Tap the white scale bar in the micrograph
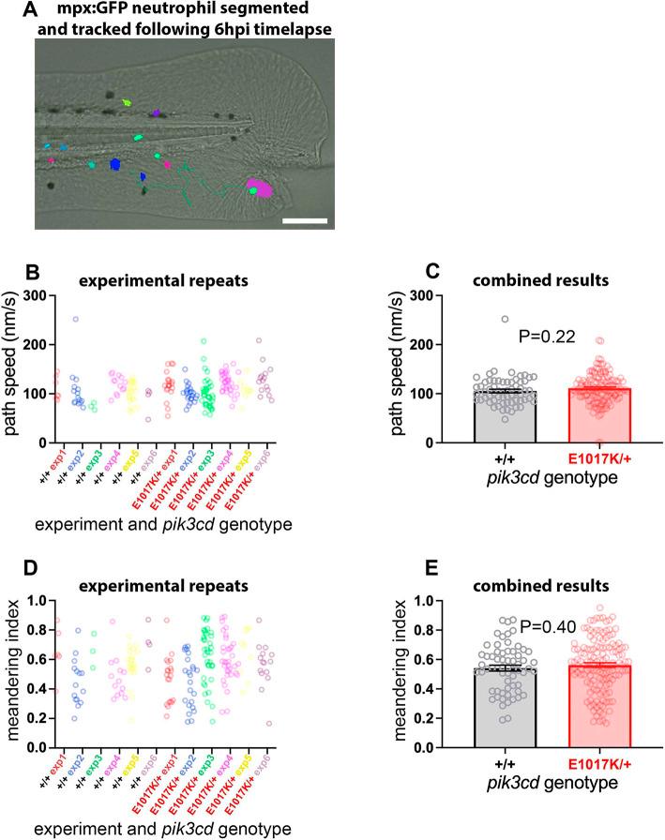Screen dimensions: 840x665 point(304,221)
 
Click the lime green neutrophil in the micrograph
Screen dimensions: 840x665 point(130,104)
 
